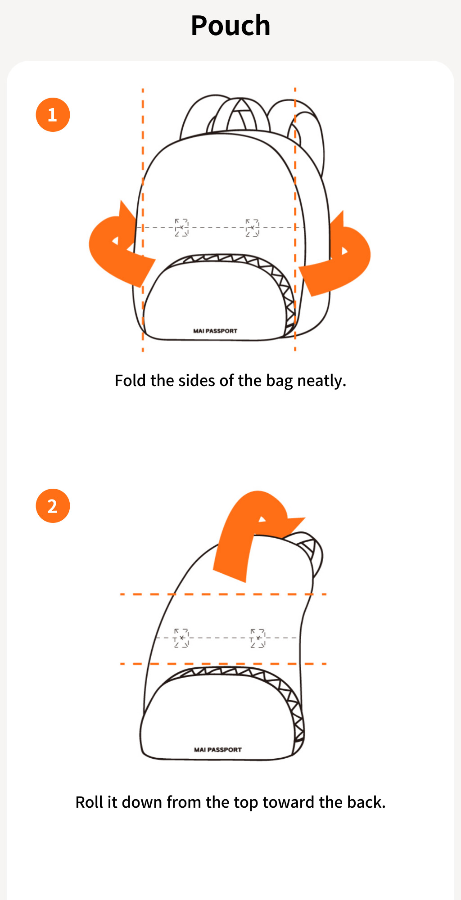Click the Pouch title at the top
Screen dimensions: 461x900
(230, 26)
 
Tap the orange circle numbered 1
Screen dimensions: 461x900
(53, 115)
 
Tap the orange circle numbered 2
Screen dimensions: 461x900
(53, 506)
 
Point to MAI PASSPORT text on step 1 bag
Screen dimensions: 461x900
(215, 331)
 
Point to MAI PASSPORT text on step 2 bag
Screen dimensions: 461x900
(218, 750)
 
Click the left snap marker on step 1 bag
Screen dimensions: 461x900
(181, 228)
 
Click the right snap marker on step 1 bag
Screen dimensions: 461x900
(252, 228)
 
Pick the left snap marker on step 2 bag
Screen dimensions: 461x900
(181, 638)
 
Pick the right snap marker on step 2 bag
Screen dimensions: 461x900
(258, 638)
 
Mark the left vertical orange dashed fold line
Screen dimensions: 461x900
(143, 220)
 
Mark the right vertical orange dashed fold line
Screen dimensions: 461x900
(295, 220)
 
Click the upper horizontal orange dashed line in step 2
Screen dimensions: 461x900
(223, 594)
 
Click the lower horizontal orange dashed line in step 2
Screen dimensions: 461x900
(223, 664)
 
